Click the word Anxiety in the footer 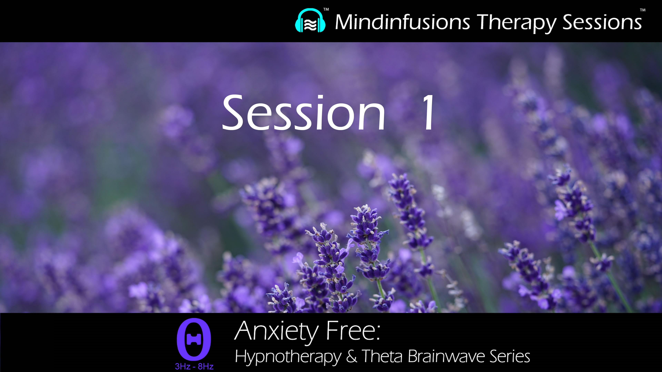pos(276,331)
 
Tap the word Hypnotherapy pos(288,357)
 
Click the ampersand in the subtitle pos(351,356)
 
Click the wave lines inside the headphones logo pos(310,25)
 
